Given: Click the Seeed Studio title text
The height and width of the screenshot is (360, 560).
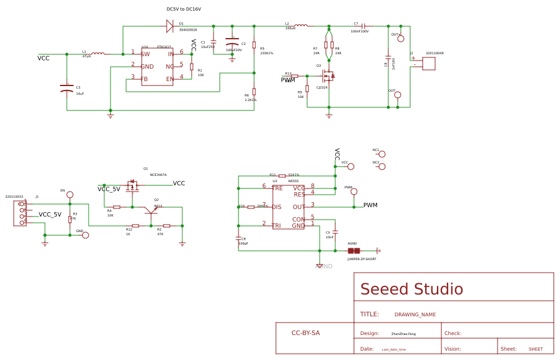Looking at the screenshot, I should [x=411, y=289].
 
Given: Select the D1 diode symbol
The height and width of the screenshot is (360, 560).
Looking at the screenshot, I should [x=169, y=26].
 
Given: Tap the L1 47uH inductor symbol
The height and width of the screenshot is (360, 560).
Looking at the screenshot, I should [x=98, y=54].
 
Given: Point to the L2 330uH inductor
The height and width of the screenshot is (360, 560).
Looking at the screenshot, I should [x=301, y=26].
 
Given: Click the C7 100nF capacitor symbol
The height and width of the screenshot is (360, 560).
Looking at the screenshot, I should [x=363, y=26].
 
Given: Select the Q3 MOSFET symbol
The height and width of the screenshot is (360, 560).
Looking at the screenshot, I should [x=327, y=76].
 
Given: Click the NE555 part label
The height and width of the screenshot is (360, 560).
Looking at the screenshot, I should [x=293, y=181].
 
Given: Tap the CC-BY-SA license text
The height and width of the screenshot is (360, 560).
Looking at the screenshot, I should [x=305, y=333].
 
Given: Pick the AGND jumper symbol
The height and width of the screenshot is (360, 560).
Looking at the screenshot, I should [x=354, y=251].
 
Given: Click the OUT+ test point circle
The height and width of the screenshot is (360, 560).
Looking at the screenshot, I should [x=401, y=39].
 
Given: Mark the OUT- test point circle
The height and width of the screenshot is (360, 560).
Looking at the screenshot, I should [x=398, y=95].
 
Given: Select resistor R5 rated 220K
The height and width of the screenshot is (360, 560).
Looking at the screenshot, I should [x=254, y=45].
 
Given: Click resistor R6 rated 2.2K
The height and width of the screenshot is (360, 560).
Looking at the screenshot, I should [x=254, y=92].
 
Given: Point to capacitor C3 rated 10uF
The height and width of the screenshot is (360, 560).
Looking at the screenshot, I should [x=67, y=89].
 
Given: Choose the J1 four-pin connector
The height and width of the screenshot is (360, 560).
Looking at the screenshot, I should [x=21, y=213].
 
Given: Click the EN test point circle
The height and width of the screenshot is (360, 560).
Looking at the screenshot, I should [x=70, y=195].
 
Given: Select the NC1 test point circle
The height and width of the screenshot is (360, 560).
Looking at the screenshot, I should [x=382, y=154].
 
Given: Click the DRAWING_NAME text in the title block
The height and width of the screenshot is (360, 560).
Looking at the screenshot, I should [x=415, y=314].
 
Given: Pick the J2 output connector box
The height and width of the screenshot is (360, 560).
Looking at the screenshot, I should [x=429, y=64].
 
